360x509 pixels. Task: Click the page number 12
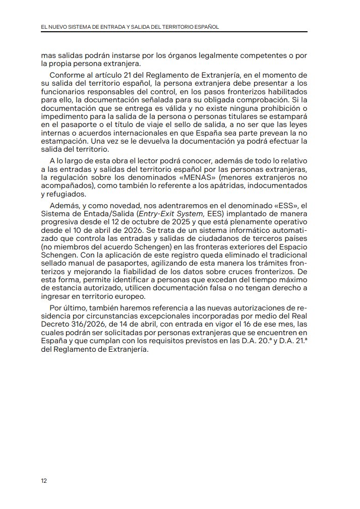pyautogui.click(x=44, y=480)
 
